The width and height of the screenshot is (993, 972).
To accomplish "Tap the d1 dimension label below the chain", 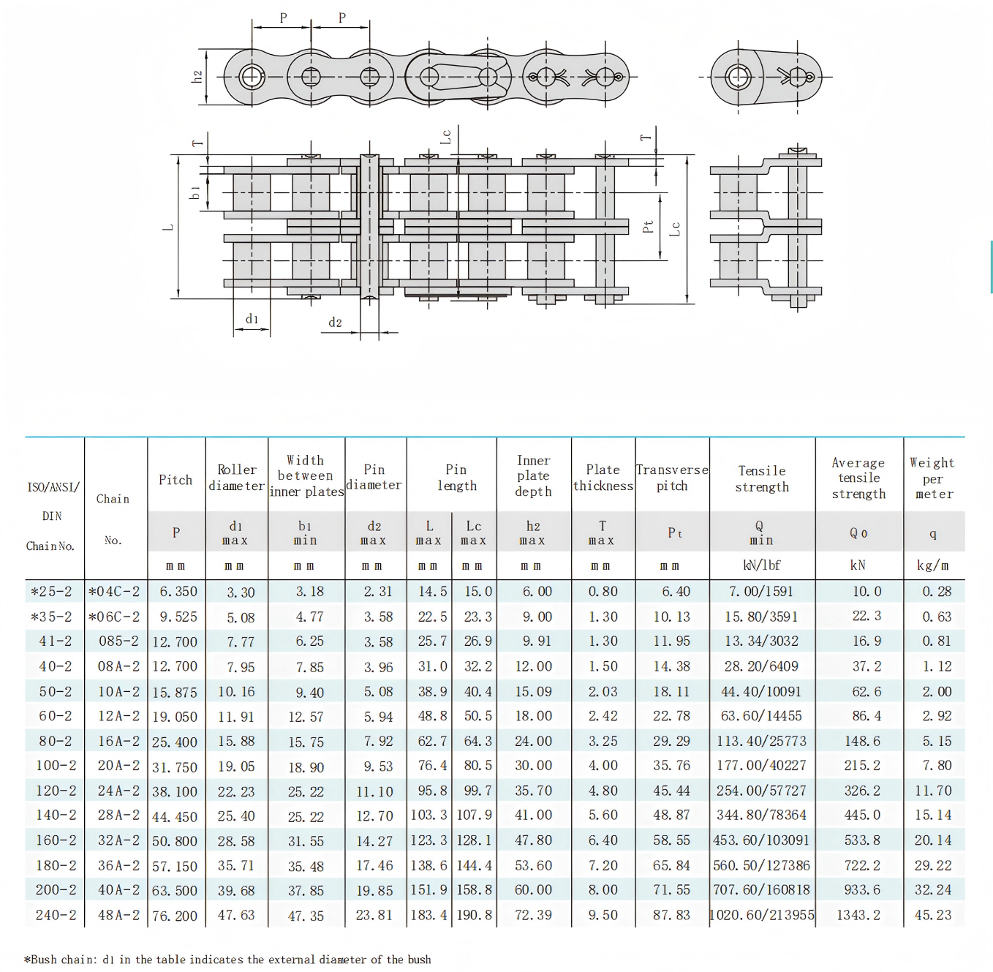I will point(252,319).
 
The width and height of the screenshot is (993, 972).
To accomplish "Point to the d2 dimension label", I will point(335,323).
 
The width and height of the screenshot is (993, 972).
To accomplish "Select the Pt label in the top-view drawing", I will point(648,227).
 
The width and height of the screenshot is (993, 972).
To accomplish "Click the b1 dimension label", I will point(195,192).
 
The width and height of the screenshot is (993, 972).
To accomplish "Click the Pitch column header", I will point(175,480).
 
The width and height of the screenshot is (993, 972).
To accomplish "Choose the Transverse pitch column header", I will point(672,478).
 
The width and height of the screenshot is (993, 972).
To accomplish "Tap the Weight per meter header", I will point(933,478).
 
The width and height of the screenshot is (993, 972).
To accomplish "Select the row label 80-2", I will point(56,741).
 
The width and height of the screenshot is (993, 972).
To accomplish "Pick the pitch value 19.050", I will point(175,717).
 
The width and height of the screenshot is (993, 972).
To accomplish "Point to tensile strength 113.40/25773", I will point(761,741).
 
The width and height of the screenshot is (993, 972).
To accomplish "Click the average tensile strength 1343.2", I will point(858,915).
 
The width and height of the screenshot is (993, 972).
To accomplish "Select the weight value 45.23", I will point(933,915).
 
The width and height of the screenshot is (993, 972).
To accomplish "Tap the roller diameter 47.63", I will point(236,915).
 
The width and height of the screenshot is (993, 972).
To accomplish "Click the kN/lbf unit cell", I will point(761,565).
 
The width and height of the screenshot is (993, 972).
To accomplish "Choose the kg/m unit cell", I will point(933,565).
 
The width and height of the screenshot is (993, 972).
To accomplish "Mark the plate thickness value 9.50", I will point(603,915).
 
